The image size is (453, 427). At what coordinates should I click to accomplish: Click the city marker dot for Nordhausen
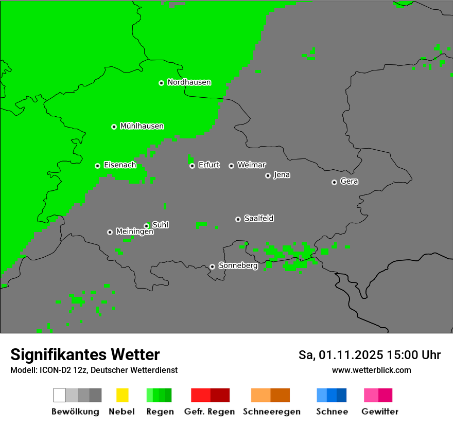tap(161, 83)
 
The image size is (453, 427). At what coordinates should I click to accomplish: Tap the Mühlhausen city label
tap(142, 126)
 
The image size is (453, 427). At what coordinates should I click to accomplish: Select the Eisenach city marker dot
tap(97, 166)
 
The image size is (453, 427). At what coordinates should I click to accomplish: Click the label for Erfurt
tap(208, 165)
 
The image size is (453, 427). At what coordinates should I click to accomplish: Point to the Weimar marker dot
tap(231, 166)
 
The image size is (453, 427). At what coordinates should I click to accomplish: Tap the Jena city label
tap(282, 175)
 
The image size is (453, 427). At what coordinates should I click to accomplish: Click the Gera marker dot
tap(334, 182)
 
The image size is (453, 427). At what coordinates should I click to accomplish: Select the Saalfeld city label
tap(258, 219)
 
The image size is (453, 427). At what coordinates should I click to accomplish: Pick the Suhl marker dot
tap(146, 226)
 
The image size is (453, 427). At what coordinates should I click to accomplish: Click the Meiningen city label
tap(134, 232)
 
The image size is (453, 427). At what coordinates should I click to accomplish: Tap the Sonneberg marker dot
tap(212, 266)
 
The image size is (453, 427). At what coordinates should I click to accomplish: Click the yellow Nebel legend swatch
tap(122, 395)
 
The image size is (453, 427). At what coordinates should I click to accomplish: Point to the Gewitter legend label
tap(379, 412)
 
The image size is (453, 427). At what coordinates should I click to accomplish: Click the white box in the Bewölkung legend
tap(60, 395)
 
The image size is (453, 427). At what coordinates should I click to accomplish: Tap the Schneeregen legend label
tap(271, 412)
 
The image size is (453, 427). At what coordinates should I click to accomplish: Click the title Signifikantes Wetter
tap(85, 355)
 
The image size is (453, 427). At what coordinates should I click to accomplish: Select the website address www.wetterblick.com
tap(371, 370)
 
